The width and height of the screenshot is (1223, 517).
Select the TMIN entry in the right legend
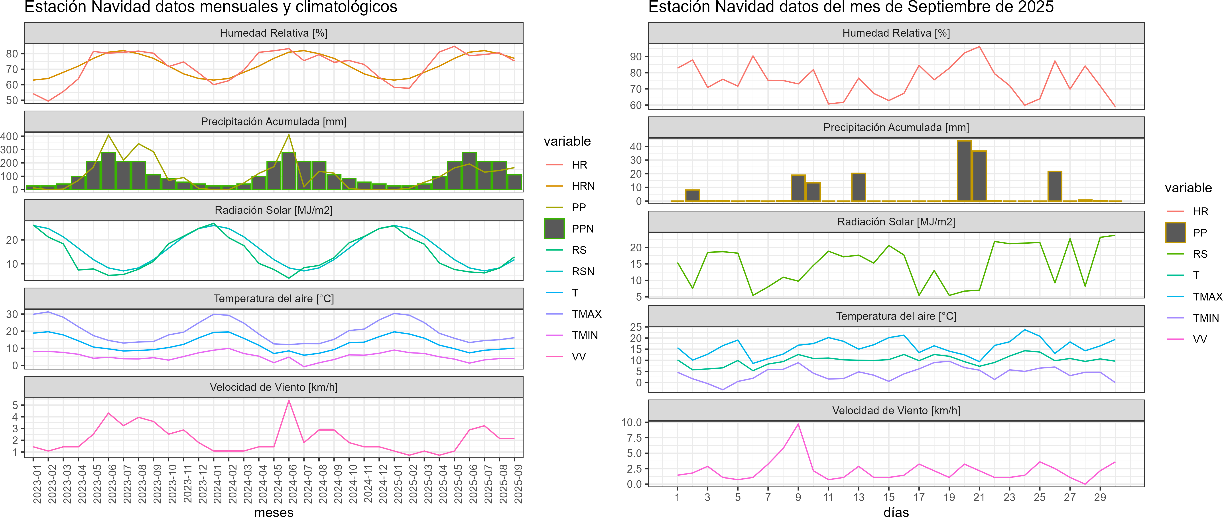pyautogui.click(x=1206, y=318)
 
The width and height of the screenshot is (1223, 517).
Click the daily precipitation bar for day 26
pyautogui.click(x=1055, y=186)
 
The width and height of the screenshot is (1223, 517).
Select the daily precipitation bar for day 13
pyautogui.click(x=858, y=187)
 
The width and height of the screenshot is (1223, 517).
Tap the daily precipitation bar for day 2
pyautogui.click(x=693, y=195)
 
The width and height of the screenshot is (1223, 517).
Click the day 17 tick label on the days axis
pyautogui.click(x=919, y=497)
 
